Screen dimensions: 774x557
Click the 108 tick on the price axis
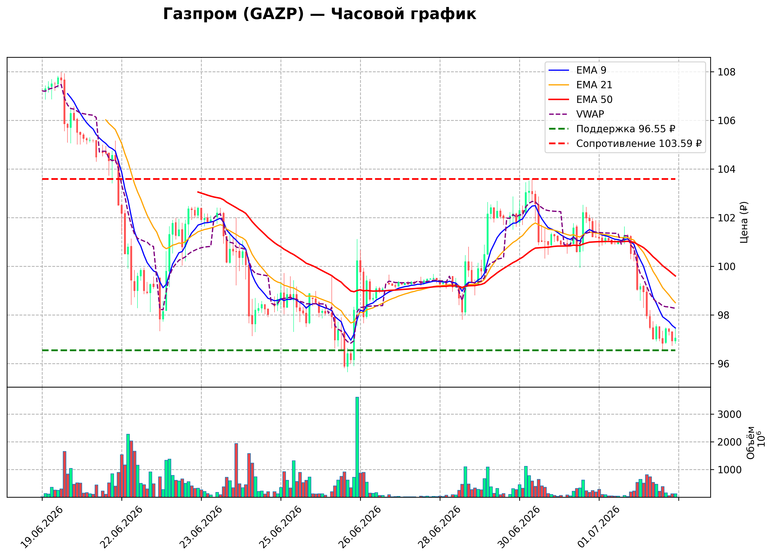point(727,72)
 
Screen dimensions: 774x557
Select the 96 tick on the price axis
point(724,364)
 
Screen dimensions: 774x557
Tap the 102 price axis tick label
point(727,218)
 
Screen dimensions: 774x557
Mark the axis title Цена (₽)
point(744,222)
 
